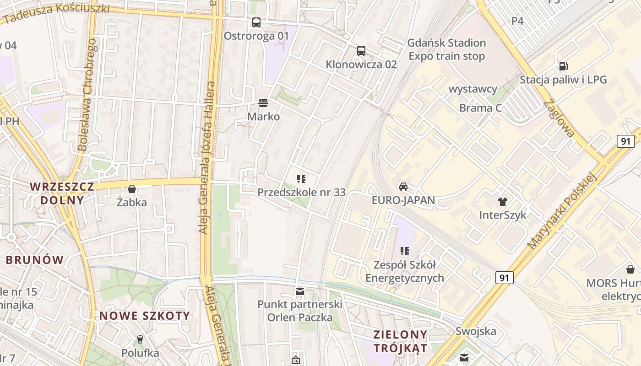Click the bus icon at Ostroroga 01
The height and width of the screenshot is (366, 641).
coord(256,22)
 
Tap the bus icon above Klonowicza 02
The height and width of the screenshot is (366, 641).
coord(361,51)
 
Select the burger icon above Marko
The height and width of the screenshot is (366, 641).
coord(263,102)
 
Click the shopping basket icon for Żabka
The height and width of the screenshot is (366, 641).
coord(132,188)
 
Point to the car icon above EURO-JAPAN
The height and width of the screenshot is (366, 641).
coord(403,186)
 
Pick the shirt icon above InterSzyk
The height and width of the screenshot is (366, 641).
coord(503,201)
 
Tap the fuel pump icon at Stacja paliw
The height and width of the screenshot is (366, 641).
coord(563,66)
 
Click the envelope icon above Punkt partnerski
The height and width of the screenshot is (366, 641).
coord(300,291)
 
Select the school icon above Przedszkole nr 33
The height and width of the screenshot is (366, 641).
coord(301,179)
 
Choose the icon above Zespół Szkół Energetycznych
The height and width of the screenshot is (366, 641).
coord(404,251)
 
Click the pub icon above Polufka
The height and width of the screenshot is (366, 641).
coord(140,339)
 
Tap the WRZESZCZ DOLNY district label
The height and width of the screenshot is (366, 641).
coord(62,193)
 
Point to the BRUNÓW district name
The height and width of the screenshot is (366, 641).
coord(35,260)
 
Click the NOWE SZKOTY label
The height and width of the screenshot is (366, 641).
coord(145,316)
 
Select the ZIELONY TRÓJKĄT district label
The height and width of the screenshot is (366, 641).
coord(401,341)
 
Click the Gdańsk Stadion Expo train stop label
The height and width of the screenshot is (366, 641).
coord(446,49)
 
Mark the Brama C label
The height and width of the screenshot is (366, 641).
coord(481,108)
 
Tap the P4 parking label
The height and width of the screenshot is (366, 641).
coord(517,21)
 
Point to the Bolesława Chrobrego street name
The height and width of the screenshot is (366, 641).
coord(87,95)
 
